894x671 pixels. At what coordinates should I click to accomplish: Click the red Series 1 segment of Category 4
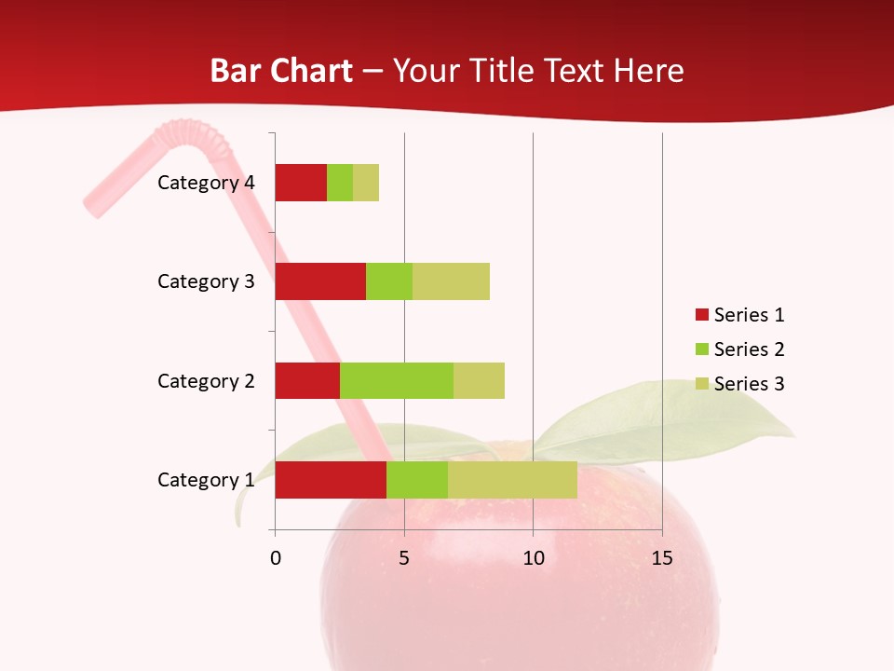pyautogui.click(x=301, y=183)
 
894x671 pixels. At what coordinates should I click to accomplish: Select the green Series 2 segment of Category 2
pyautogui.click(x=397, y=380)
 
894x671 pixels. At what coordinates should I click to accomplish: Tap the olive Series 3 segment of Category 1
pyautogui.click(x=512, y=480)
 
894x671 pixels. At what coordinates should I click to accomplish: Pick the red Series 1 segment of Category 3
pyautogui.click(x=320, y=281)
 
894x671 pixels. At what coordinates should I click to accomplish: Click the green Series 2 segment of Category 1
pyautogui.click(x=417, y=480)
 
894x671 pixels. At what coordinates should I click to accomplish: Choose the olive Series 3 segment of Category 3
pyautogui.click(x=451, y=281)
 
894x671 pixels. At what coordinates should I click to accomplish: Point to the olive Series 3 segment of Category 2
pyautogui.click(x=479, y=380)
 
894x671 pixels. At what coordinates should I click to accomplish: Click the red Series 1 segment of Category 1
pyautogui.click(x=331, y=480)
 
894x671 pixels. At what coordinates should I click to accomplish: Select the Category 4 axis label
pyautogui.click(x=206, y=183)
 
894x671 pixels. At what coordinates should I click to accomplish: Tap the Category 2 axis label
pyautogui.click(x=206, y=380)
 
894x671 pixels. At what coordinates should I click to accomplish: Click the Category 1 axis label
pyautogui.click(x=206, y=480)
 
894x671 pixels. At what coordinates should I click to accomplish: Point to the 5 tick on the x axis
pyautogui.click(x=404, y=558)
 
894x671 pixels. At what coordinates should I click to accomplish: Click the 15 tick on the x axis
pyautogui.click(x=662, y=558)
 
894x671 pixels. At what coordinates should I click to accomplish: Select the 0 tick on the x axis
pyautogui.click(x=276, y=558)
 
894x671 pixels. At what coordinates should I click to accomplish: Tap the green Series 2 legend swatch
pyautogui.click(x=701, y=349)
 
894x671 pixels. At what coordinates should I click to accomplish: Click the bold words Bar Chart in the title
pyautogui.click(x=281, y=71)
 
